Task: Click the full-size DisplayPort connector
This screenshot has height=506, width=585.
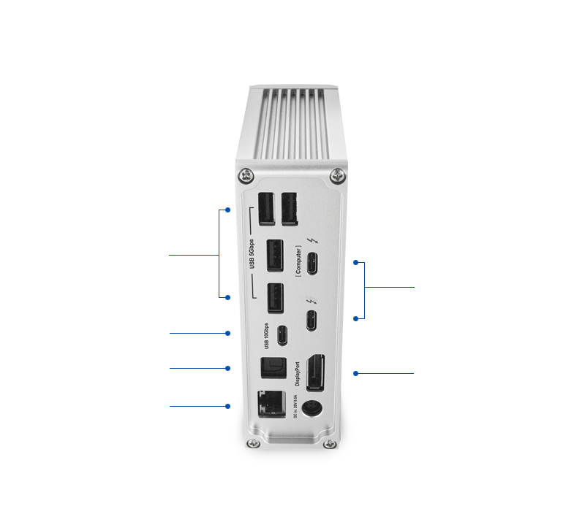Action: coord(315,372)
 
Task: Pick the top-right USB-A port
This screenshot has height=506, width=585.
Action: coord(288,207)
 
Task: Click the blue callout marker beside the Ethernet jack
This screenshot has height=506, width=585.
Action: coord(228,406)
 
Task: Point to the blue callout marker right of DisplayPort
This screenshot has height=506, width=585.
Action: coord(356,373)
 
